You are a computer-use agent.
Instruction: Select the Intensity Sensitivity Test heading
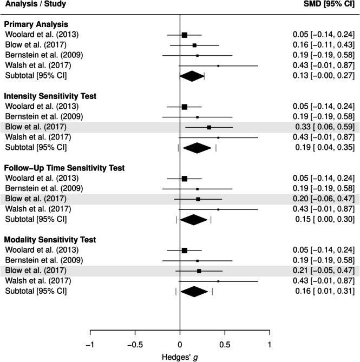coord(50,96)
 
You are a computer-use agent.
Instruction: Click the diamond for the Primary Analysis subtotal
coord(192,76)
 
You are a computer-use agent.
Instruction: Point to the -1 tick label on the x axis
coord(90,344)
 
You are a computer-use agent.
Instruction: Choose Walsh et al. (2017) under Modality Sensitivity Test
coord(36,281)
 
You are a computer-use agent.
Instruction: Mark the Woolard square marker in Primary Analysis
coord(184,35)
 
